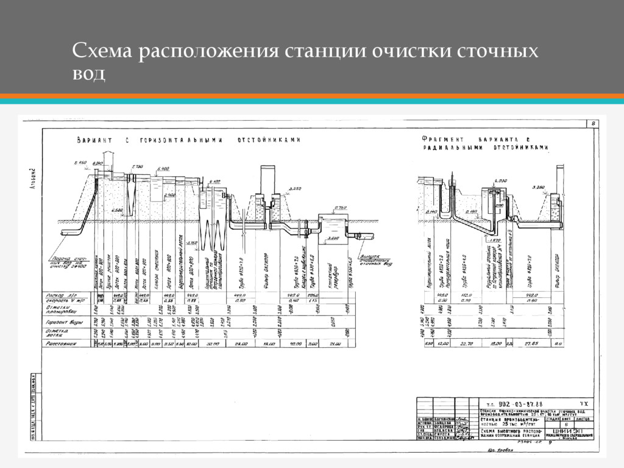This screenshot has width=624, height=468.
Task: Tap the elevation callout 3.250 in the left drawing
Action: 295,190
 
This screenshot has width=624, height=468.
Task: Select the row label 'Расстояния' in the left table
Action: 61,344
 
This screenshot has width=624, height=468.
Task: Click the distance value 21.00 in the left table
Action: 335,344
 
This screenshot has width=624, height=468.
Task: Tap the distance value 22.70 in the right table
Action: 468,344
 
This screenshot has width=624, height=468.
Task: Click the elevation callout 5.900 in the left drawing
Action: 163,168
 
